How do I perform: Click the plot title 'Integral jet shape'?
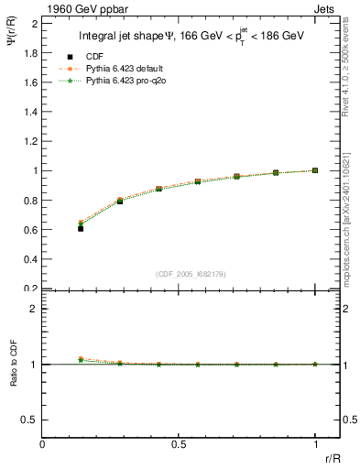(x=190, y=37)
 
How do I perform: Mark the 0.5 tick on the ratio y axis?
(x=31, y=420)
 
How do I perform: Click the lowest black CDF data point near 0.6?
(x=81, y=228)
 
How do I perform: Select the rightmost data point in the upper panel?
(x=315, y=170)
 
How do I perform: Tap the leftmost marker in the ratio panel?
(x=81, y=359)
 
